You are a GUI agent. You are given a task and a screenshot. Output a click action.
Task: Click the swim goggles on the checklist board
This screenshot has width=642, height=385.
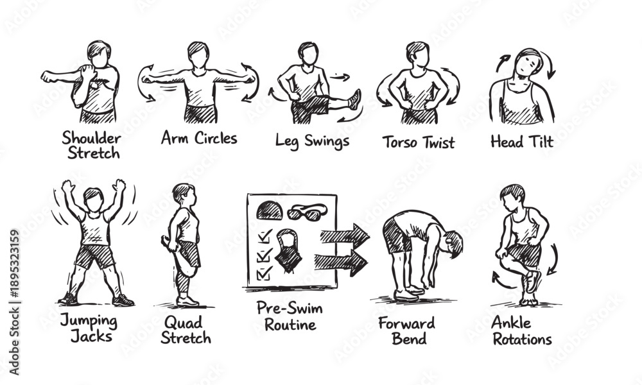point(307,212)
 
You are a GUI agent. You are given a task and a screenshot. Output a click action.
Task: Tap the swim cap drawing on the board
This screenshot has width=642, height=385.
point(270,210)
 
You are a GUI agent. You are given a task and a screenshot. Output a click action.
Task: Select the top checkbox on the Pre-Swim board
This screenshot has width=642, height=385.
point(264,236)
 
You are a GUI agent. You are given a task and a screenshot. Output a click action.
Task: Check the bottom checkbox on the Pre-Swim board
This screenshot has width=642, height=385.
point(264,273)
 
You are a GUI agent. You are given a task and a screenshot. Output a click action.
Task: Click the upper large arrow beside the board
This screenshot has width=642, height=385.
point(345,236)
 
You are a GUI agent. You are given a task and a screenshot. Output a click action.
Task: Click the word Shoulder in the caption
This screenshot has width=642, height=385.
point(91,139)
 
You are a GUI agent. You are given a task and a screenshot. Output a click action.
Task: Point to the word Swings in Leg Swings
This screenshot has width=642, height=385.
point(327,142)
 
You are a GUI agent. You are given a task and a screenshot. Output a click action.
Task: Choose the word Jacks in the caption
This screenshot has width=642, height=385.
point(91,337)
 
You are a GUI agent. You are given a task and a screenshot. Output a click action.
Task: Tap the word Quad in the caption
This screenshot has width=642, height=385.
point(183,323)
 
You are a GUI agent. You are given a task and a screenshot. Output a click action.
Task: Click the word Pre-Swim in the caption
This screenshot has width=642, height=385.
point(290,307)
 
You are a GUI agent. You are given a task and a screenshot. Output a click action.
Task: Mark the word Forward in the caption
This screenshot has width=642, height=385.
point(406,323)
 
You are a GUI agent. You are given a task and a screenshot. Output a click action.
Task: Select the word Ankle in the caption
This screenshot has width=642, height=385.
point(511,322)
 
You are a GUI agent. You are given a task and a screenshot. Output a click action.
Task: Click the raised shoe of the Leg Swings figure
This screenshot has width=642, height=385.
point(354,99)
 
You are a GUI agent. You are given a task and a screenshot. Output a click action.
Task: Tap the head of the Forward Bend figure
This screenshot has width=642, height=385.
point(452,244)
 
